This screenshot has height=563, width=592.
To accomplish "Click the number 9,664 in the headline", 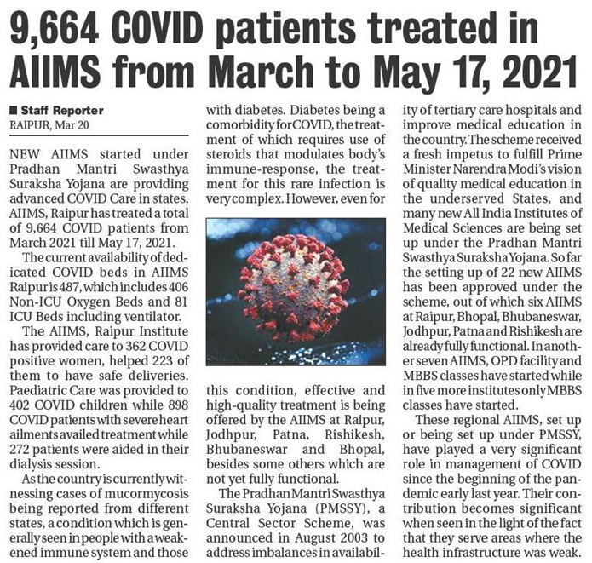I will click(x=61, y=31).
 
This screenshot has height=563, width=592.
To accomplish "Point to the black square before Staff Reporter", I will click(x=13, y=111).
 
